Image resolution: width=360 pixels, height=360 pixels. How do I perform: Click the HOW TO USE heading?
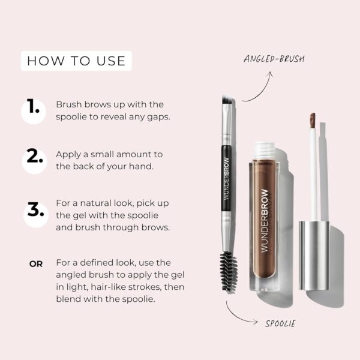[x=76, y=61]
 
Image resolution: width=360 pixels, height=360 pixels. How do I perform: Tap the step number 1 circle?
[x=34, y=110]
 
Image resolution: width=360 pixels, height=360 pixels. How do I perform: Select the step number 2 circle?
[x=34, y=160]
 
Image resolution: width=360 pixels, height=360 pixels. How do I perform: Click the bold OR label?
[x=36, y=263]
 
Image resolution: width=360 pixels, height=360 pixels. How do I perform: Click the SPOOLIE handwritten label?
[x=280, y=324]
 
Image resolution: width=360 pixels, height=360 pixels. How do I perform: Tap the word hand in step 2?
[x=143, y=166]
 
